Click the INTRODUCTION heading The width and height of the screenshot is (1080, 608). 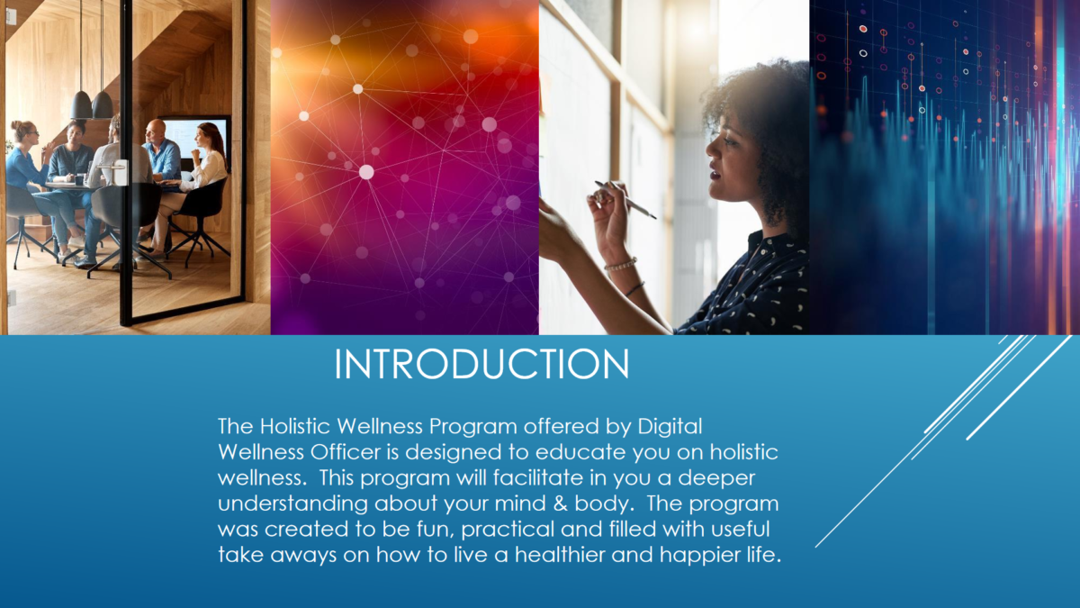(481, 364)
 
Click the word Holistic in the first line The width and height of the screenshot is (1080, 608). (294, 426)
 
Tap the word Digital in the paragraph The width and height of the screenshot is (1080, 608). (670, 428)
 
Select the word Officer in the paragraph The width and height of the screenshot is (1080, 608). (345, 452)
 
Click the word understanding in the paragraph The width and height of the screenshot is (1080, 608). (292, 504)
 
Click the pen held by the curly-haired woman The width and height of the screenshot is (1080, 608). (625, 200)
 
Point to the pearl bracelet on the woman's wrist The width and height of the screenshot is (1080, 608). (620, 265)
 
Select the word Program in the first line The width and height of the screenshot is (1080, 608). (473, 428)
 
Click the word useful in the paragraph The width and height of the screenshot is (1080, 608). (740, 529)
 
